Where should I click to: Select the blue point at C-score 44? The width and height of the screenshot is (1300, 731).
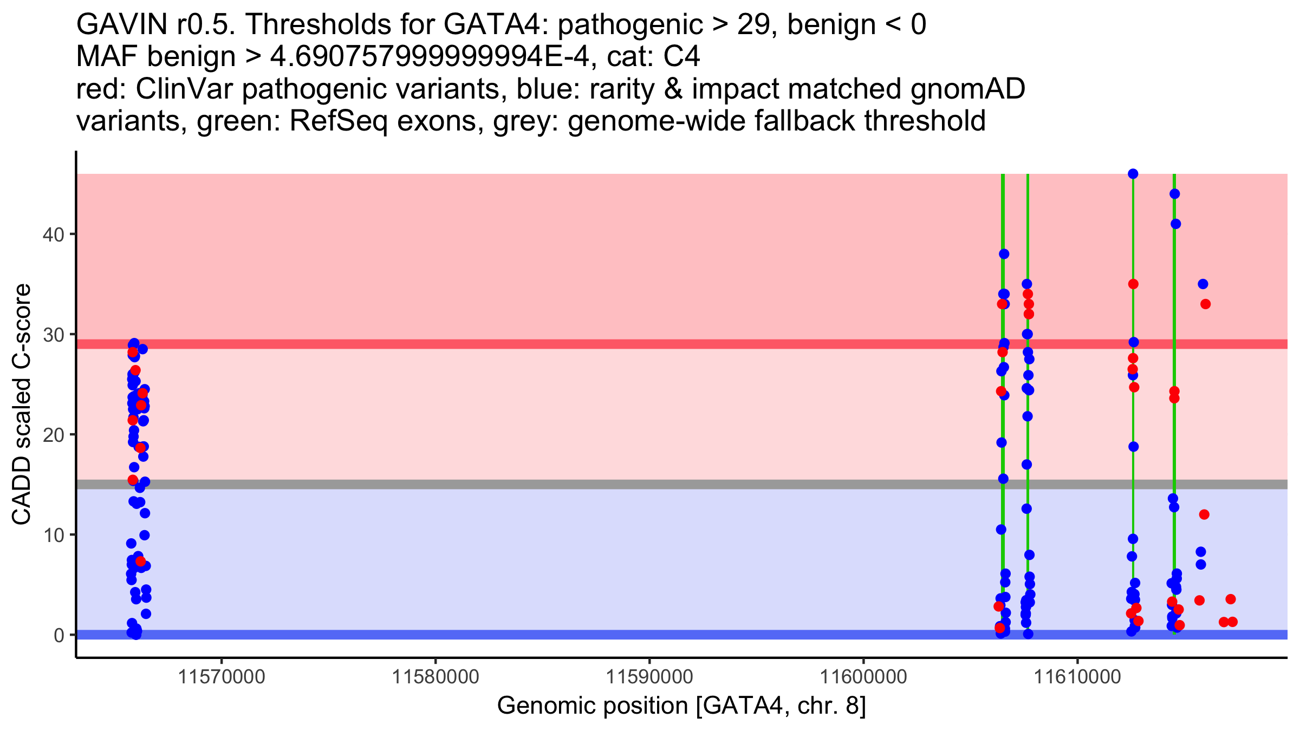click(1174, 194)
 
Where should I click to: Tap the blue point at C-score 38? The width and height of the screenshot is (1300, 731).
click(1004, 254)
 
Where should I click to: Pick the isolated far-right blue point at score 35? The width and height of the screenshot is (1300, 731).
click(1203, 284)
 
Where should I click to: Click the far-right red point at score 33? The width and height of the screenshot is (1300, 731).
click(1205, 304)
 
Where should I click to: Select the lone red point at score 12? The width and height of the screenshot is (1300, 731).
click(1204, 514)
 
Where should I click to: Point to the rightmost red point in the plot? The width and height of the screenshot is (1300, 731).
click(1232, 622)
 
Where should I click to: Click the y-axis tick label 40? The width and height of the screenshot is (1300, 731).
click(53, 234)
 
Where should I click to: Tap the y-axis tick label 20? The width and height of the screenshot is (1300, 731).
click(53, 435)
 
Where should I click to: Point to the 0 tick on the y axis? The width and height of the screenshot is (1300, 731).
click(58, 635)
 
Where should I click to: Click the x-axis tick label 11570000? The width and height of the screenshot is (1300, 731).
click(222, 677)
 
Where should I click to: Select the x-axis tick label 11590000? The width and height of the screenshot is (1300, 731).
click(649, 677)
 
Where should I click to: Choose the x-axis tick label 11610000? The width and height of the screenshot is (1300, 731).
click(1077, 677)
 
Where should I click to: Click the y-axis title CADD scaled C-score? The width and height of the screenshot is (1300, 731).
click(22, 404)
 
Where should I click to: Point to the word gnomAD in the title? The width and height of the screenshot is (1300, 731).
click(967, 89)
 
